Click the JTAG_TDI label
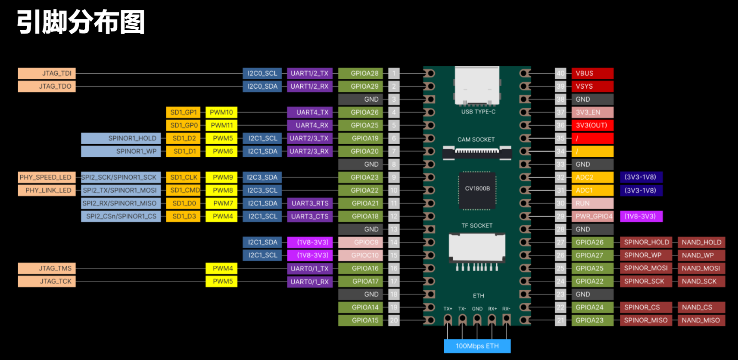(47, 73)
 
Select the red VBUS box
(592, 73)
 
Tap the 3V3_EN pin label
(592, 112)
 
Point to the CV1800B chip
(477, 189)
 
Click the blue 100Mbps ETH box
(477, 346)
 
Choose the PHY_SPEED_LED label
(47, 177)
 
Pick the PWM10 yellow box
(221, 112)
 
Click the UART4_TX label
(310, 112)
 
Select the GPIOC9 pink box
(360, 242)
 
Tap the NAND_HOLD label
(701, 242)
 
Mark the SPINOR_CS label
(645, 307)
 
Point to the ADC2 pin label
(592, 177)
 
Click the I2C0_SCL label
(262, 73)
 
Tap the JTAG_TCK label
(47, 281)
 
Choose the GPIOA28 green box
(360, 73)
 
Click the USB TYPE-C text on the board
(478, 112)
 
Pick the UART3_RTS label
(310, 203)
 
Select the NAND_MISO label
(701, 320)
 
